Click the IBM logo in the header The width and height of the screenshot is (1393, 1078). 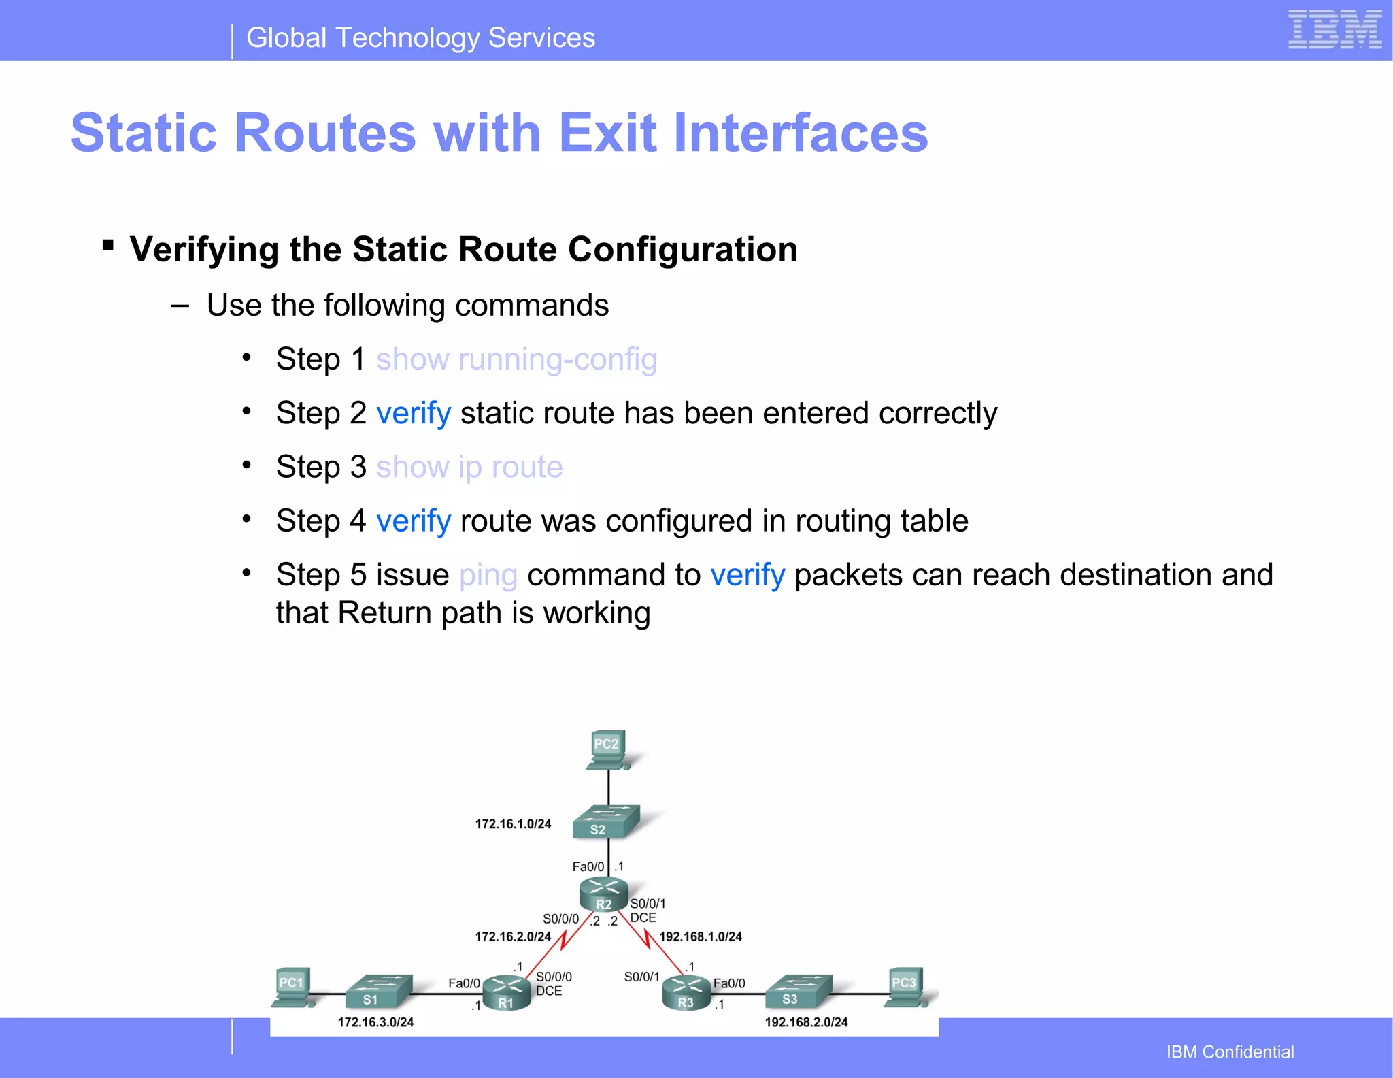tap(1334, 30)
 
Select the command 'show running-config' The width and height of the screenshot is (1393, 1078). tap(516, 359)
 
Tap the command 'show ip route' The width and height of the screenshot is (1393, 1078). tap(469, 468)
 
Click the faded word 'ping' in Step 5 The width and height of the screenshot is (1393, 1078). tap(488, 576)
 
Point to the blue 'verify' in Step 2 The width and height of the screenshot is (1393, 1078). tap(413, 414)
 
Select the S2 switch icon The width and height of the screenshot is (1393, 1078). tap(605, 822)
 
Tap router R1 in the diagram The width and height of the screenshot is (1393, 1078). tap(506, 993)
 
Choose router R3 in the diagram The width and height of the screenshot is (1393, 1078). tap(686, 993)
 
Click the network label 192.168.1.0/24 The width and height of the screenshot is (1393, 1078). tap(700, 937)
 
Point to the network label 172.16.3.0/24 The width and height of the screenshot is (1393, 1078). tap(375, 1022)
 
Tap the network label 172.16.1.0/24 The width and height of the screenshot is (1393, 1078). tap(513, 824)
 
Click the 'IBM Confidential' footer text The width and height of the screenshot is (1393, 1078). tap(1230, 1052)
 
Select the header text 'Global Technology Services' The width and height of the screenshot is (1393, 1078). tap(420, 38)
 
